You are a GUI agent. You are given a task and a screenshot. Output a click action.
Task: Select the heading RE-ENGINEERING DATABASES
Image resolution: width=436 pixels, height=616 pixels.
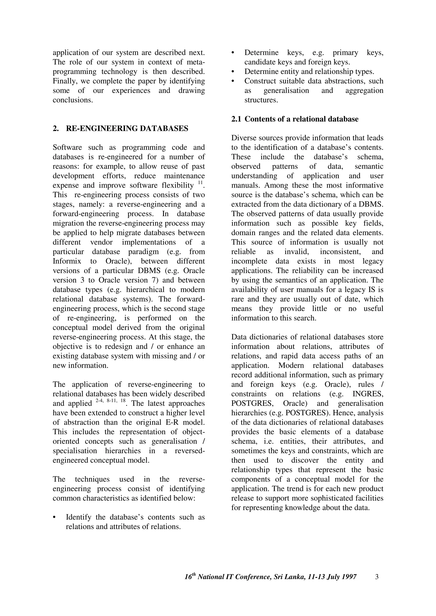127,129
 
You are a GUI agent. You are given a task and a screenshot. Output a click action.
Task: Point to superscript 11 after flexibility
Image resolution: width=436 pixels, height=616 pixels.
200,183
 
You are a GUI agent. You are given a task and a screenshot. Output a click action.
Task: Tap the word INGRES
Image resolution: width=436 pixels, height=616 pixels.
368,394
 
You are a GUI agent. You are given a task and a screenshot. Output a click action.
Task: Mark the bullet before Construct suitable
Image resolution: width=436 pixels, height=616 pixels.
233,81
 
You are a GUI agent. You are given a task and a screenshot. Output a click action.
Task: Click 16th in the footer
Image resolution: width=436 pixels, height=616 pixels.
190,576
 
